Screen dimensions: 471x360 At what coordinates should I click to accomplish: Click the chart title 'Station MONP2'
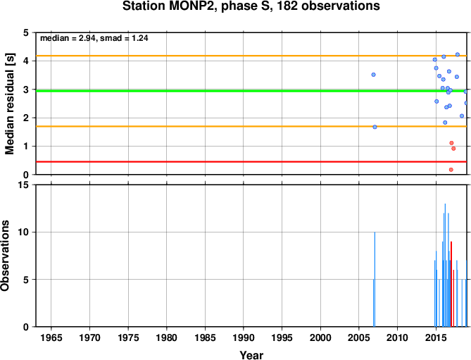pos(169,6)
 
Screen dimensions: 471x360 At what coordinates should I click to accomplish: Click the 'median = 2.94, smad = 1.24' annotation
pos(94,38)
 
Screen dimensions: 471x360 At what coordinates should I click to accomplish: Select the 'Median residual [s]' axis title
pos(10,104)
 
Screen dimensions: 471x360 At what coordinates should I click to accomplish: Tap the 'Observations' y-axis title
pos(5,256)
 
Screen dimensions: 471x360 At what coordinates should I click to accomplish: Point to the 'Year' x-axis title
pos(251,355)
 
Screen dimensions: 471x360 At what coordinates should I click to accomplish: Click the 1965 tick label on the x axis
pos(51,337)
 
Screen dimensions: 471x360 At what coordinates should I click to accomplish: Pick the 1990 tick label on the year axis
pos(244,337)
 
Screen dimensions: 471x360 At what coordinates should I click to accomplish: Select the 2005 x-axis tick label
pos(358,337)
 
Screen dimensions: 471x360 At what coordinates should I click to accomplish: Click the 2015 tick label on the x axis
pos(436,337)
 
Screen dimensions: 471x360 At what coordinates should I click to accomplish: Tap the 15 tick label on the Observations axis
pos(27,185)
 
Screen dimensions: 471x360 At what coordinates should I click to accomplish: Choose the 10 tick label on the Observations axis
pos(27,232)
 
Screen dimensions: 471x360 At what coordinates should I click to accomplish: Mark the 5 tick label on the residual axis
pos(29,32)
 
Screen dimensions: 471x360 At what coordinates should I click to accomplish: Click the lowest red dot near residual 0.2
pos(451,170)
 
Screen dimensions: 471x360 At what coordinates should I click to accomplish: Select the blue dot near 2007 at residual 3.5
pos(373,75)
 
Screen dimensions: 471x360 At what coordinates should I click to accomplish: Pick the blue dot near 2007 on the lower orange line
pos(375,127)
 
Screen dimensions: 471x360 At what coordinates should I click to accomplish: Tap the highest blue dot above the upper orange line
pos(458,54)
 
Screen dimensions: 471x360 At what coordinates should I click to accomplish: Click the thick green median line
pos(251,91)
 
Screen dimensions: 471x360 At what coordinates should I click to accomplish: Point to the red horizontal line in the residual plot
pos(251,162)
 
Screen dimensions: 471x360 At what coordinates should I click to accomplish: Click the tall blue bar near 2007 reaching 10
pos(375,280)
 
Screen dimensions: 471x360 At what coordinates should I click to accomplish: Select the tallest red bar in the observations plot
pos(451,284)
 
